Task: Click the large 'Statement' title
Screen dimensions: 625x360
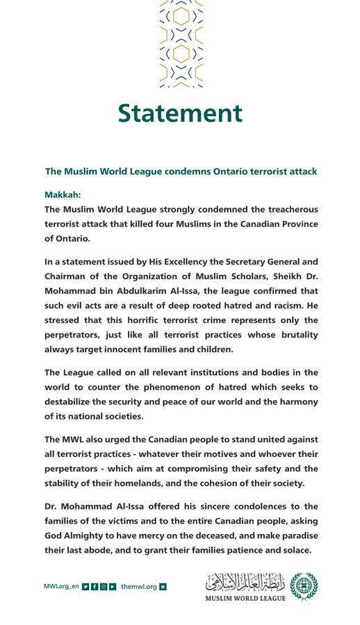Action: tap(179, 112)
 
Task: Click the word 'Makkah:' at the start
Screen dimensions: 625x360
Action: tap(63, 196)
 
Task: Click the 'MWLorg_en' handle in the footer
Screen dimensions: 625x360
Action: tap(60, 587)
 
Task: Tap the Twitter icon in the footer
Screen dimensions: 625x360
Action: tap(85, 587)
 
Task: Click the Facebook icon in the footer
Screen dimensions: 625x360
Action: tap(95, 587)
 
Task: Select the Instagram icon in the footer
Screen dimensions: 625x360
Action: tap(104, 587)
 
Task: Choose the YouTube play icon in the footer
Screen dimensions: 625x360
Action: tap(113, 587)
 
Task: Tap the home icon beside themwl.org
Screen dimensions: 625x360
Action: tap(163, 587)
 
